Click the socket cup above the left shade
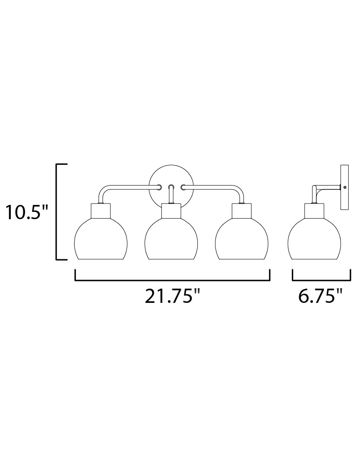[x=101, y=211]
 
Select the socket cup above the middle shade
[x=171, y=211]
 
